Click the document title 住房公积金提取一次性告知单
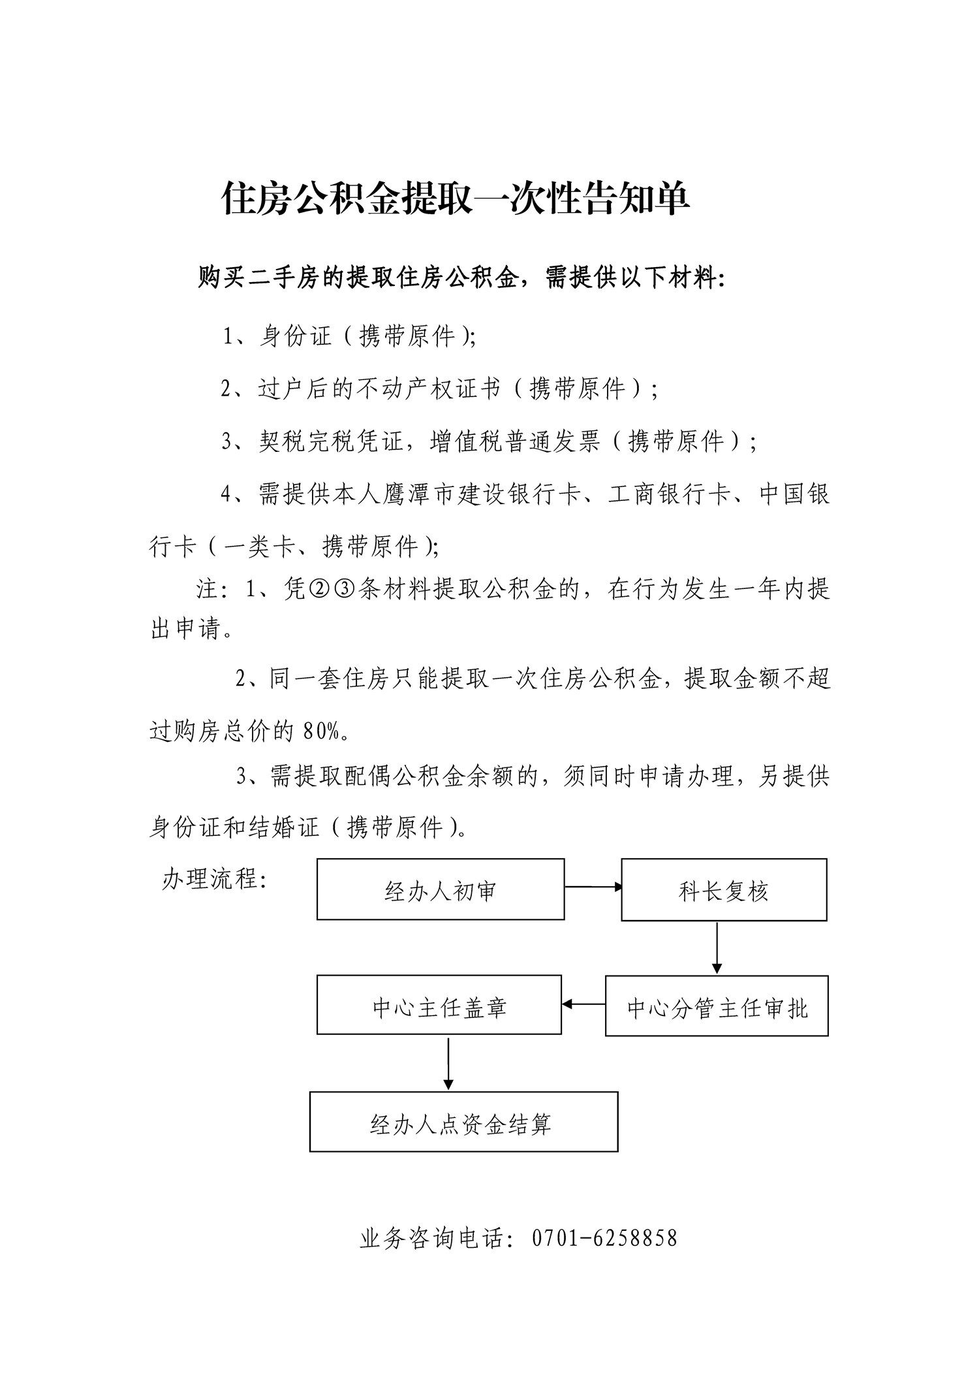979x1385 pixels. (456, 199)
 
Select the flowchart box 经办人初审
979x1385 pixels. (441, 889)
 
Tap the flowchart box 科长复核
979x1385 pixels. (723, 890)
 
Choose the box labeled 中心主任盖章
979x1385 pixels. (439, 1007)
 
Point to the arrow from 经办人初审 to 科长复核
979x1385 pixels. (593, 887)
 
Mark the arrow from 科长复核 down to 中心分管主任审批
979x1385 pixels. (717, 947)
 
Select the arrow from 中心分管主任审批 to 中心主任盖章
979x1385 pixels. (583, 1004)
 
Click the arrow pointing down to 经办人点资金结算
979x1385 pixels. (448, 1064)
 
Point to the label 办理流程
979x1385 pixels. (213, 879)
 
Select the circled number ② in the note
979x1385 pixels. (318, 590)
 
